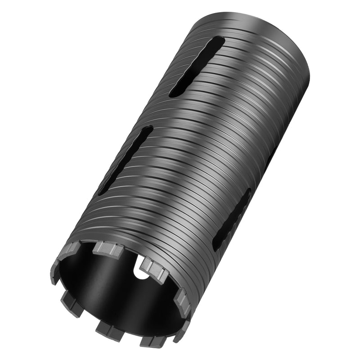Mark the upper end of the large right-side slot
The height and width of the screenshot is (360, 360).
[x=247, y=192]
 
